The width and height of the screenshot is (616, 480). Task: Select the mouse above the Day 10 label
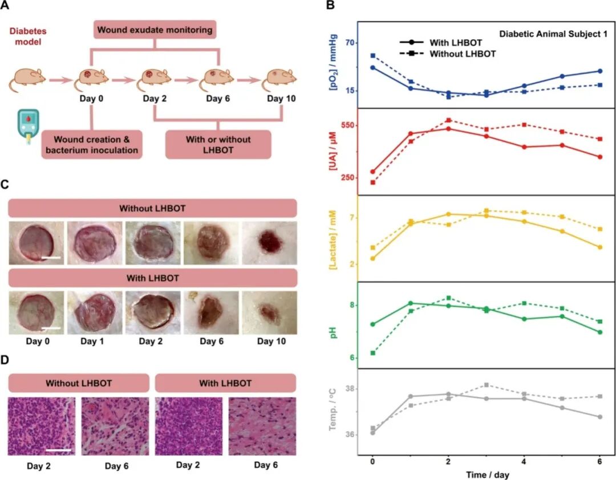[x=279, y=80]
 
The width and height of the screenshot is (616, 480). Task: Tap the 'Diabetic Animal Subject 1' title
[x=553, y=34]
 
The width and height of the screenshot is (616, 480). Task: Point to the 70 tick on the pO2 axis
[x=347, y=43]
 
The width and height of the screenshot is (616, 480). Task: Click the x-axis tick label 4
[x=524, y=461]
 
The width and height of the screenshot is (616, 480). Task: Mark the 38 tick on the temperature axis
[x=347, y=389]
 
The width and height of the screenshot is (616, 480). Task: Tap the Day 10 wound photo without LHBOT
[x=269, y=243]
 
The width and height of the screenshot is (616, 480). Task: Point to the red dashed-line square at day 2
[x=448, y=120]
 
